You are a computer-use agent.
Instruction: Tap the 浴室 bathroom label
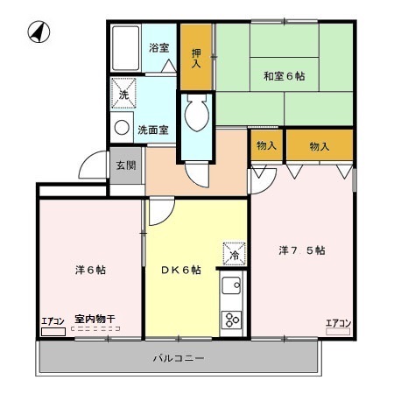tap(158, 48)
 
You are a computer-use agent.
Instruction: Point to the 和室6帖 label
tap(284, 74)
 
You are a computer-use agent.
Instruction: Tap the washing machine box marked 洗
tap(123, 95)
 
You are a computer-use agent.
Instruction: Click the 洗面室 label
tap(153, 130)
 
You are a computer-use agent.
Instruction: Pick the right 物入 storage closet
tap(319, 146)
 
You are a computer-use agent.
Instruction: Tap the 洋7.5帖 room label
tap(302, 250)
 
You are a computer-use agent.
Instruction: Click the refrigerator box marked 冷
tap(234, 254)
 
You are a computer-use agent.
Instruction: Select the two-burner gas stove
tap(232, 318)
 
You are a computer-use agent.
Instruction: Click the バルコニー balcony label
tap(178, 359)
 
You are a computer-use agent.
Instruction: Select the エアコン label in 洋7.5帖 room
tap(338, 323)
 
